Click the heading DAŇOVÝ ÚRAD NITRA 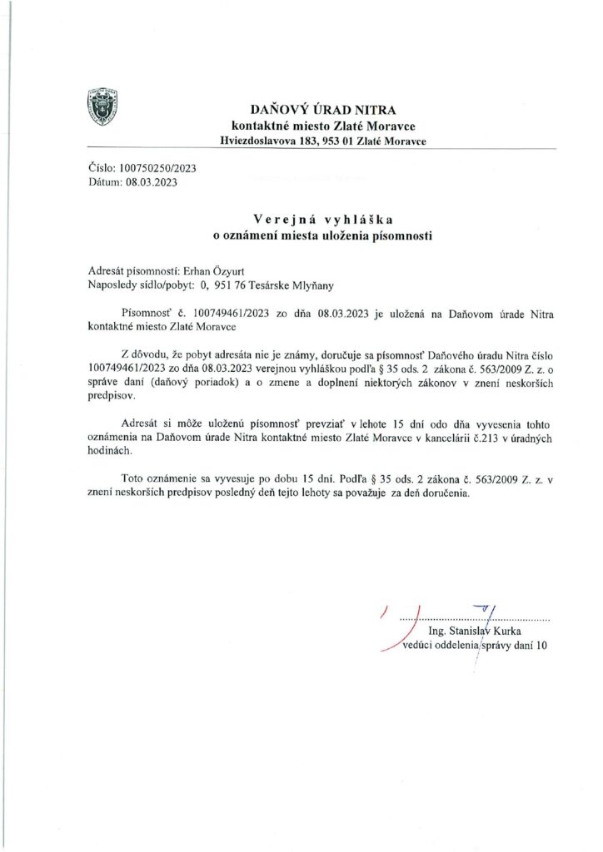(323, 110)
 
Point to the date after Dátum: (152, 181)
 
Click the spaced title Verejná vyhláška (323, 221)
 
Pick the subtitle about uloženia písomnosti (323, 236)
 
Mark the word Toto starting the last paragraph (133, 478)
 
